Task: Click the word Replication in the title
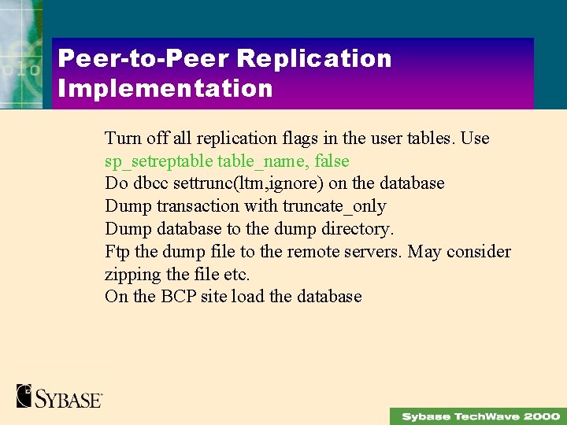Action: click(313, 59)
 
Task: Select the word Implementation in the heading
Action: click(165, 88)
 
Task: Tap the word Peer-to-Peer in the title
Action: click(143, 59)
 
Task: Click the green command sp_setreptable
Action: click(158, 161)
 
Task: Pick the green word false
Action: click(332, 161)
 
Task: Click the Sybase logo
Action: click(59, 396)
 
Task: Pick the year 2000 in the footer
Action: click(541, 416)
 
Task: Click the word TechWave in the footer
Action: click(486, 416)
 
